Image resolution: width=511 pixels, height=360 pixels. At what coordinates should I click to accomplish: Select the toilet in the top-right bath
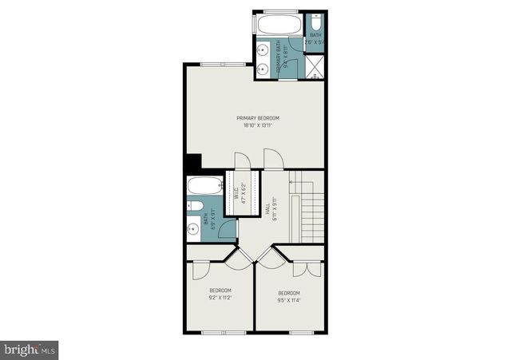pos(315,22)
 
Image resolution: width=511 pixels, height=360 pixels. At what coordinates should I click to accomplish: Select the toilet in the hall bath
pos(194,208)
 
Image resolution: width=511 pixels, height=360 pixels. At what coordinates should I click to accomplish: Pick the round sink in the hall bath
pos(192,232)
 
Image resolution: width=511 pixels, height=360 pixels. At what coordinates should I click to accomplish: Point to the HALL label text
pos(266,209)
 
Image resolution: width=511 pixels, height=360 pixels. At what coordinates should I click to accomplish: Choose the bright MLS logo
pos(30,349)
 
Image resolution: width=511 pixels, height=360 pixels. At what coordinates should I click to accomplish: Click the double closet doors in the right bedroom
pos(304,268)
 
